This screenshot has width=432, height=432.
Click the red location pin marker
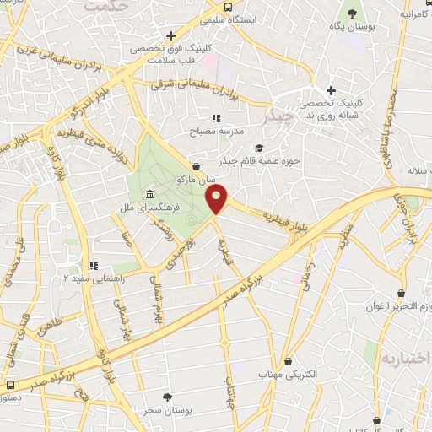point(218,199)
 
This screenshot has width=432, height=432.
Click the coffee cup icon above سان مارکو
point(197,167)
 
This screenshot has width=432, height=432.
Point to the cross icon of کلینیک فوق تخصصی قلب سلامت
point(170,36)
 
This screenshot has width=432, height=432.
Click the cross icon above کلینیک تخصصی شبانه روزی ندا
point(331,90)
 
